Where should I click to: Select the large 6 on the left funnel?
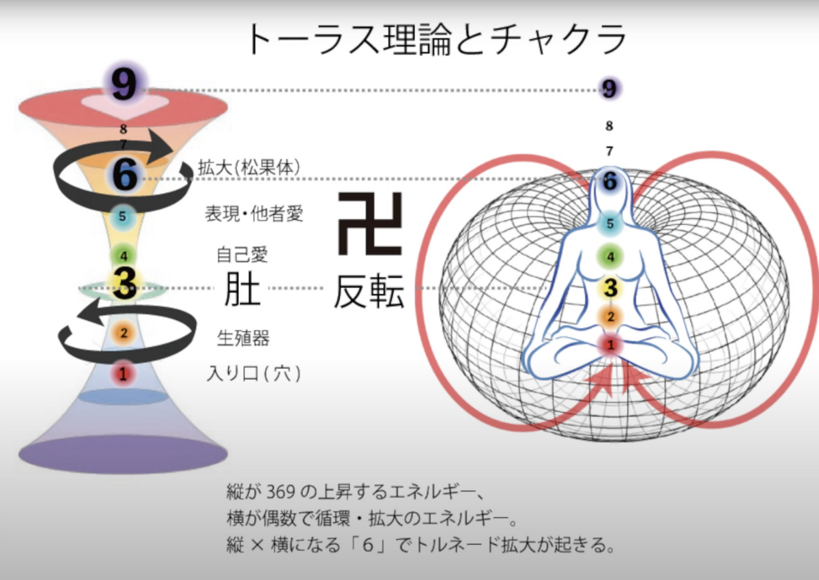[124, 176]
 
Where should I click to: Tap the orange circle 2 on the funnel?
[124, 334]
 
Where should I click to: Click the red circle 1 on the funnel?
[123, 373]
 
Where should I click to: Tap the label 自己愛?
[242, 256]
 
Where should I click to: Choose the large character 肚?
[242, 290]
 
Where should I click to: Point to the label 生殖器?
[243, 338]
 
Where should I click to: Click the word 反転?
[369, 292]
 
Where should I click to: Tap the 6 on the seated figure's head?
[610, 182]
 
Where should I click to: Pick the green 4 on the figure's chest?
[610, 257]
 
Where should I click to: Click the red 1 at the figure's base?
[611, 345]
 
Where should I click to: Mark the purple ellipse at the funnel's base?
[123, 454]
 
